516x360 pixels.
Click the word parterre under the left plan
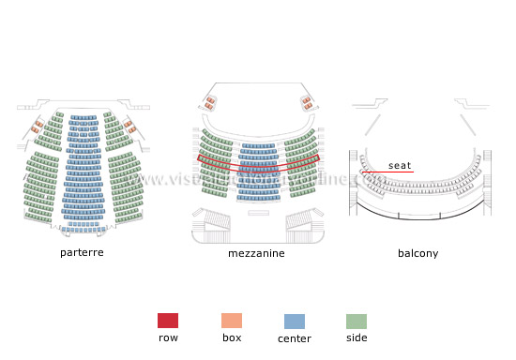click(x=82, y=253)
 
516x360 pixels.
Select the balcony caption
click(x=417, y=253)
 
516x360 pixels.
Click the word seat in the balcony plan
click(x=400, y=166)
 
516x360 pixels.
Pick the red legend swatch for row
click(x=168, y=320)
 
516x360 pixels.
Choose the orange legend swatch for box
click(x=232, y=320)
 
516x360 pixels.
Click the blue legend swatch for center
click(x=295, y=320)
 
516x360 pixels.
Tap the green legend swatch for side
click(x=357, y=320)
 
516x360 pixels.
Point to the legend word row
click(x=168, y=337)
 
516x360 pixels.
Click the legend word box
click(x=232, y=337)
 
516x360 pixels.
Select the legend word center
click(x=295, y=337)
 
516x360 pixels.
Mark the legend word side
click(x=357, y=337)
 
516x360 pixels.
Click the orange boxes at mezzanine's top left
click(x=211, y=101)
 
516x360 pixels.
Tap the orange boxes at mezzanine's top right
click(x=306, y=101)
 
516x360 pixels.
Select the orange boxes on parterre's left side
click(x=38, y=127)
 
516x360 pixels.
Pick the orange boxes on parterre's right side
click(x=129, y=126)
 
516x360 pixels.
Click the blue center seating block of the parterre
click(x=83, y=173)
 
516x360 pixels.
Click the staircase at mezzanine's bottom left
click(x=216, y=222)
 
